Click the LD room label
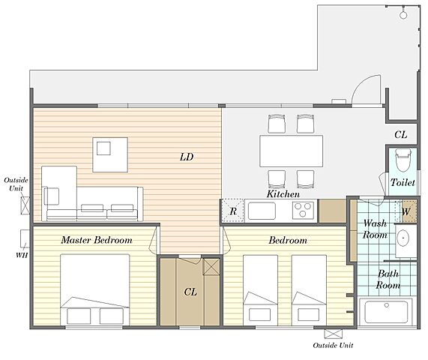click(187, 157)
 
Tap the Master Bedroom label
click(97, 240)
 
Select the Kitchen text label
click(283, 194)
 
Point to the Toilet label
click(403, 182)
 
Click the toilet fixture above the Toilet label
click(403, 160)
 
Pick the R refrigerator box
click(232, 210)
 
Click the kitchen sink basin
click(262, 211)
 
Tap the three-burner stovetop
click(303, 210)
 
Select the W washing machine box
click(406, 211)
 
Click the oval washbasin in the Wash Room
click(403, 238)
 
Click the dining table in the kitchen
click(292, 151)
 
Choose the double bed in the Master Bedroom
click(95, 289)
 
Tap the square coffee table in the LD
click(110, 154)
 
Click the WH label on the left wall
click(22, 255)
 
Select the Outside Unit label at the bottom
click(333, 345)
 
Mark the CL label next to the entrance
click(401, 135)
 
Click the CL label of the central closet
click(190, 292)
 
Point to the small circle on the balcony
click(403, 15)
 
